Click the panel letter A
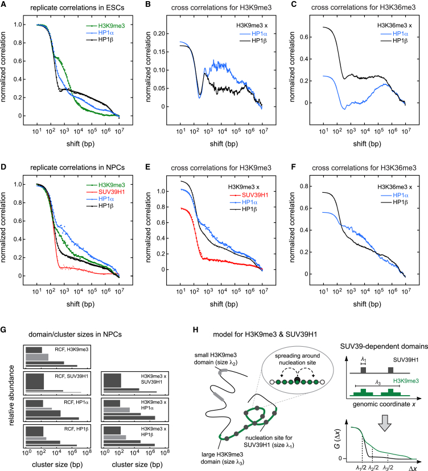[x=6, y=5]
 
